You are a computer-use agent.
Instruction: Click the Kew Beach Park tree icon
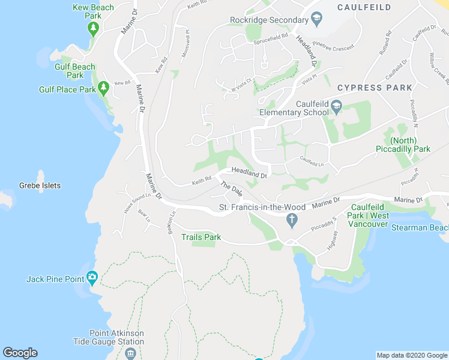[x=93, y=28]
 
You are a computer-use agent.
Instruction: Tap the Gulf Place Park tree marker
[x=103, y=89]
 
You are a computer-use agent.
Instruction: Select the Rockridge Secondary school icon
[x=316, y=20]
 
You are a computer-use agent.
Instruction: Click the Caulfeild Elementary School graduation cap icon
[x=336, y=108]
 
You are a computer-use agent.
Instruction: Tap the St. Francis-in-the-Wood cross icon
[x=292, y=220]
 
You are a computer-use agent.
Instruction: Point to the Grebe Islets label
[x=40, y=185]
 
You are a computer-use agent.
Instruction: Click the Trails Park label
[x=202, y=237]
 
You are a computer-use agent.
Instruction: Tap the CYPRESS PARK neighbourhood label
[x=375, y=88]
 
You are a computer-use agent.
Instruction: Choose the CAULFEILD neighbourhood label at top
[x=364, y=7]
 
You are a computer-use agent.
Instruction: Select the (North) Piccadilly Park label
[x=403, y=145]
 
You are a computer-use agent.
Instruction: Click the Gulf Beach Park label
[x=75, y=71]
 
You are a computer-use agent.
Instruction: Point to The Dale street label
[x=231, y=187]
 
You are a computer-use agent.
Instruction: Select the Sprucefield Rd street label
[x=271, y=41]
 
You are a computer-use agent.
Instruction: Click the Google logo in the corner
[x=20, y=353]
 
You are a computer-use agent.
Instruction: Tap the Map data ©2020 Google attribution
[x=411, y=355]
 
